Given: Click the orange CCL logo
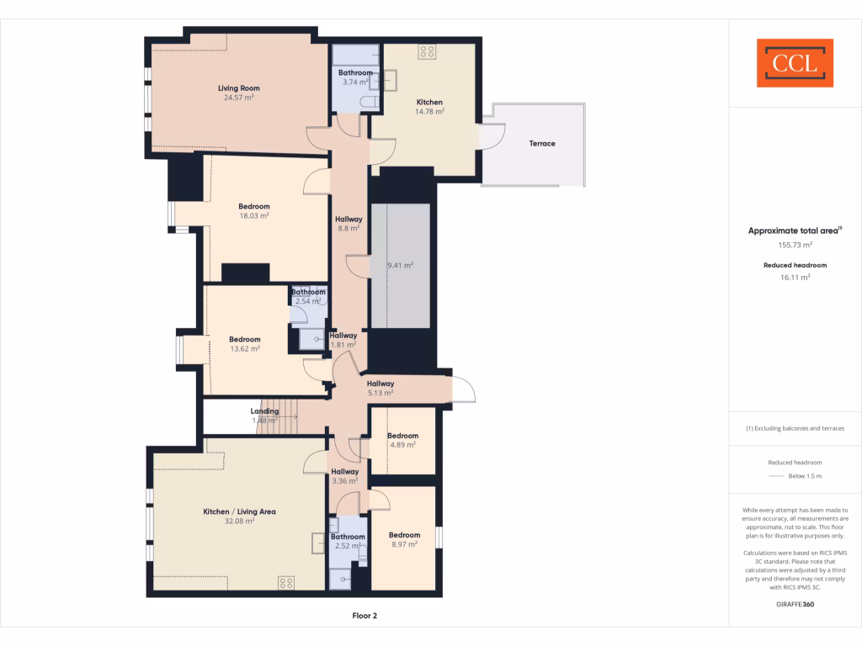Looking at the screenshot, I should [x=795, y=63].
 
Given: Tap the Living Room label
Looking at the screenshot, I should [x=238, y=88].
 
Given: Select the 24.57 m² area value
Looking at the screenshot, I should [x=238, y=98].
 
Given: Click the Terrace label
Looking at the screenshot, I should [x=542, y=144].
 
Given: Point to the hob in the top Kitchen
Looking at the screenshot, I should [x=428, y=52].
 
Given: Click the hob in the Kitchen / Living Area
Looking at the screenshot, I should [x=286, y=582].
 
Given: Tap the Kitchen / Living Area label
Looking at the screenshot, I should [x=239, y=511].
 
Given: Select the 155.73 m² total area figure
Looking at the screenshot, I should [x=795, y=245].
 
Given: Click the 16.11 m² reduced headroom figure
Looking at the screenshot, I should [x=795, y=276].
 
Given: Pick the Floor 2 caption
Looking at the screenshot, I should [x=364, y=616].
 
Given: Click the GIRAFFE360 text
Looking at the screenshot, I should [x=795, y=604].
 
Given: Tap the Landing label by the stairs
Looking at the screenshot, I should [x=264, y=411].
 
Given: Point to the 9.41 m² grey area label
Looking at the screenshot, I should [x=400, y=266].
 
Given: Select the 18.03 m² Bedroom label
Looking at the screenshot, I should [x=253, y=211].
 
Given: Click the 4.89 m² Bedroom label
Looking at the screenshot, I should [x=402, y=441].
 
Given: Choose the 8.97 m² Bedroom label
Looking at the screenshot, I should [x=404, y=540].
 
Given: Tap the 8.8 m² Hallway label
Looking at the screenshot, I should [x=349, y=223].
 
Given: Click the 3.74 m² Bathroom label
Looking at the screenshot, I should [x=355, y=77].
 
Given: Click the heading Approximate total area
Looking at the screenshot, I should [x=794, y=230].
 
